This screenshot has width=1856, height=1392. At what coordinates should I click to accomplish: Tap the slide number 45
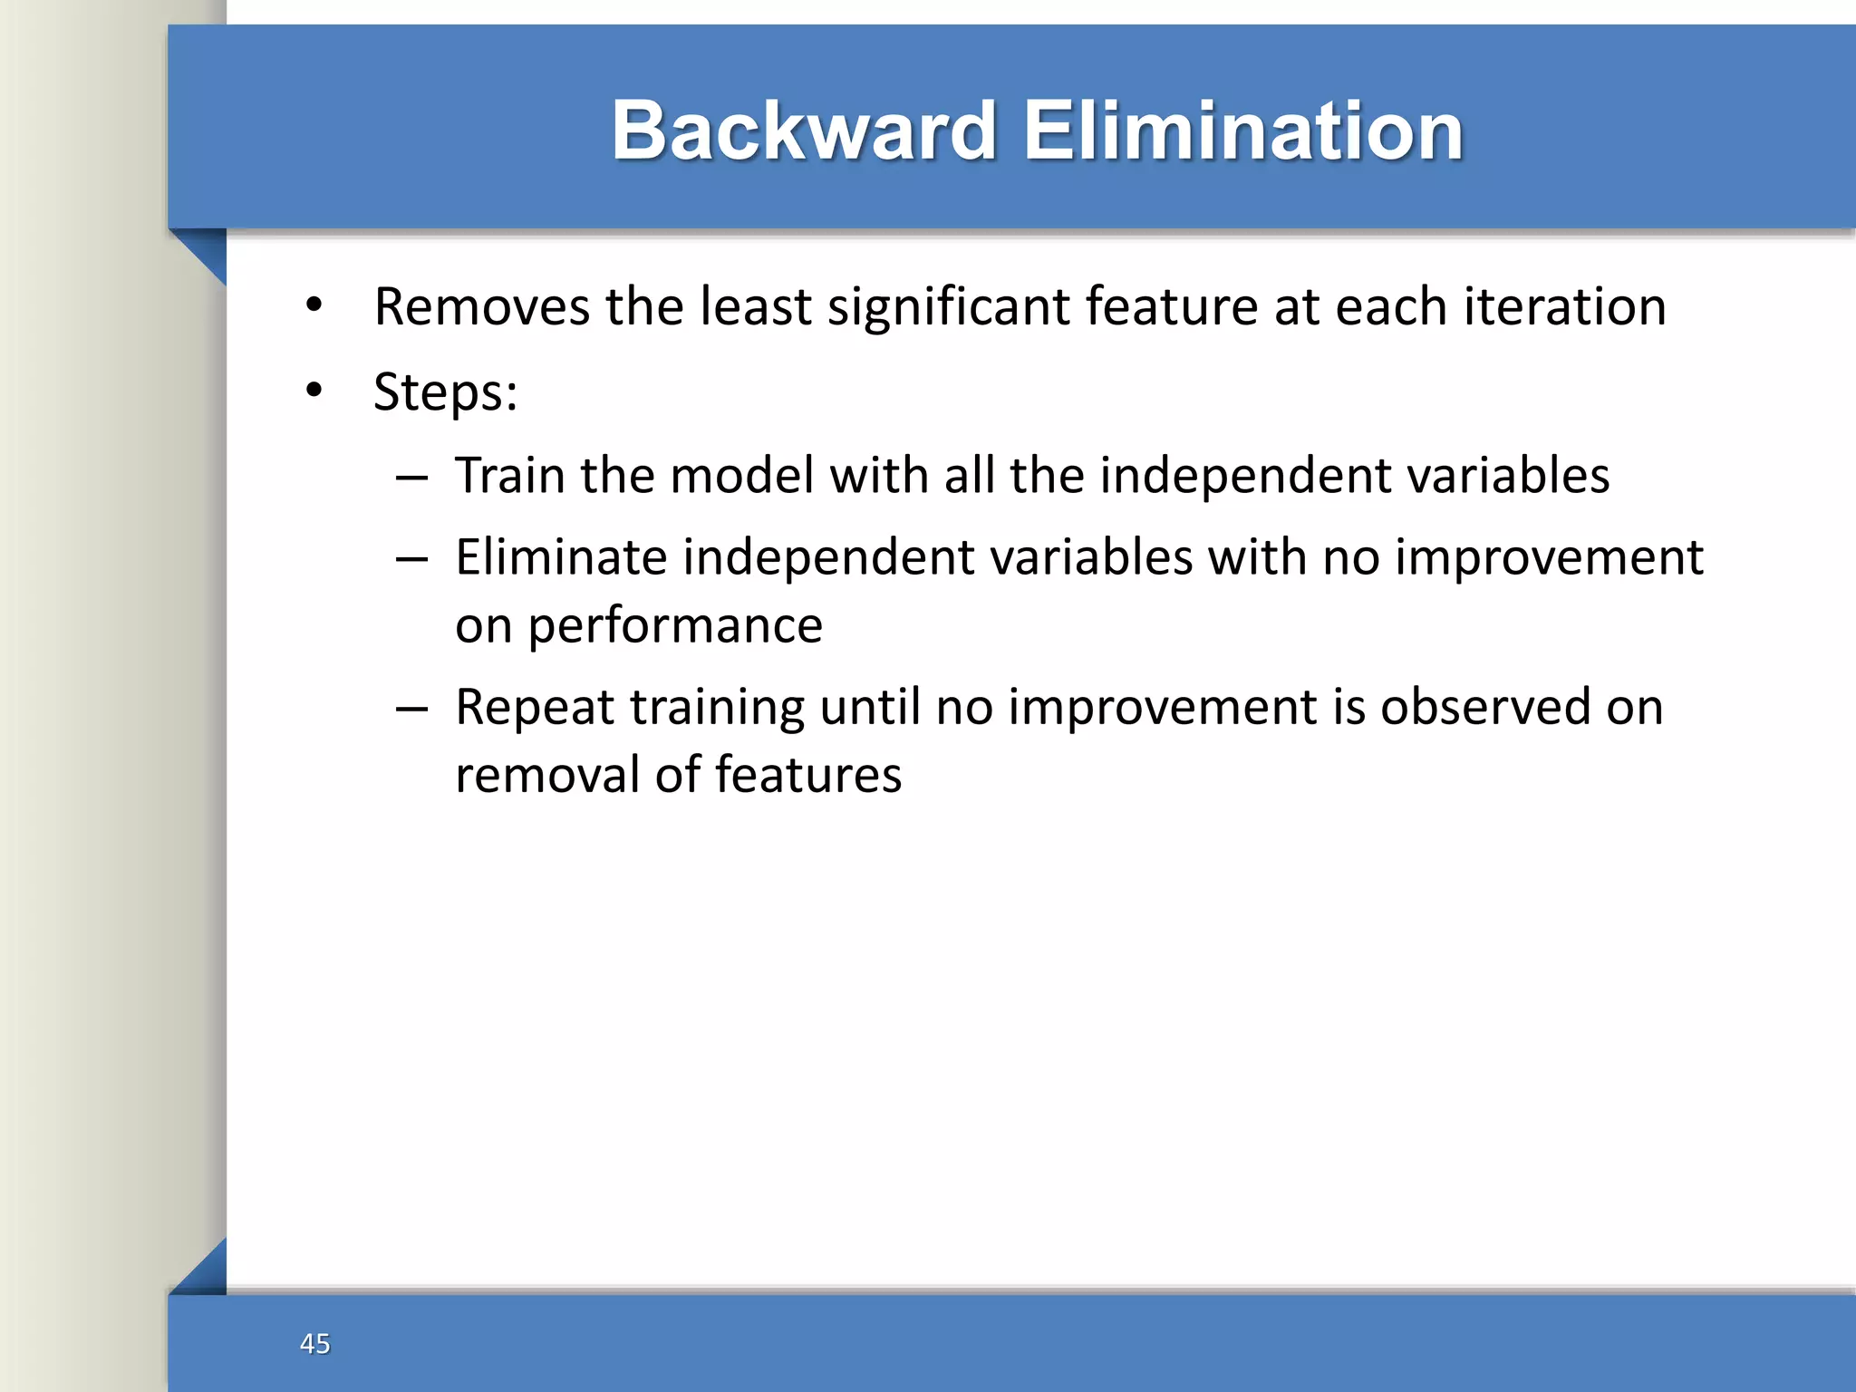coord(314,1343)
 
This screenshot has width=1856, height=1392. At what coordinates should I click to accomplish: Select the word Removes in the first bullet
coord(482,306)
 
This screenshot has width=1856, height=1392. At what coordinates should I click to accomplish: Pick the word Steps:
coord(445,392)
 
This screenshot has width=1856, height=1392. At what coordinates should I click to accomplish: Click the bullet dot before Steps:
coord(314,391)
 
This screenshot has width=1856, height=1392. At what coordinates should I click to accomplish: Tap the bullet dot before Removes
coord(314,305)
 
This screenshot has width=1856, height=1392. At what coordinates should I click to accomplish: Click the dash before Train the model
coord(411,478)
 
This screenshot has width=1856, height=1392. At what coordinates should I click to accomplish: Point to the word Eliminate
coord(560,556)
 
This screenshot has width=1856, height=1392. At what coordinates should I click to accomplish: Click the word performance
coord(674,626)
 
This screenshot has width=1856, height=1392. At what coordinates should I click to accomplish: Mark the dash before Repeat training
coord(411,709)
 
